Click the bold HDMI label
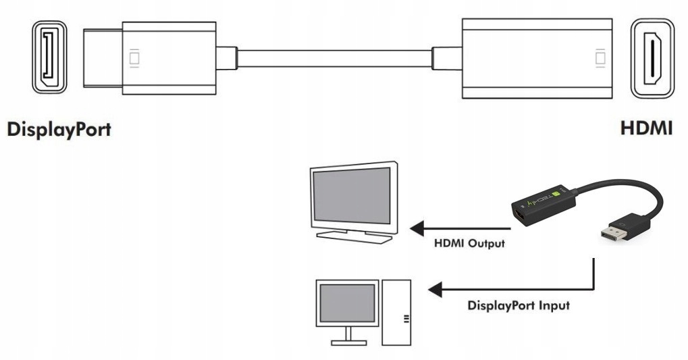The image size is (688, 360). point(646,128)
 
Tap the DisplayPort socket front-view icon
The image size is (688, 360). point(49,59)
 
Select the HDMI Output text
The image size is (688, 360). point(469,243)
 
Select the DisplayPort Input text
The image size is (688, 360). point(519,305)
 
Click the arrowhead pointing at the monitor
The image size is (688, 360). point(419,228)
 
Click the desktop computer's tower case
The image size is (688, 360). point(396,311)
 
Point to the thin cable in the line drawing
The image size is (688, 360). point(334,57)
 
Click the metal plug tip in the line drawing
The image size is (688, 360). point(102,57)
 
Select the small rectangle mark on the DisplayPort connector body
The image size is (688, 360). point(134,58)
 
